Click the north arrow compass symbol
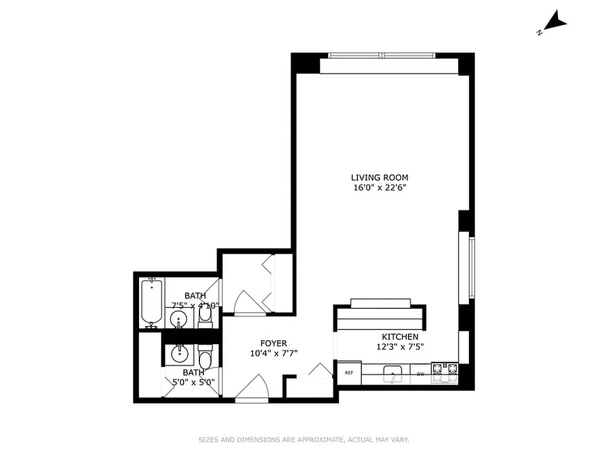[x=554, y=24]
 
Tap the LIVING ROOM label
[x=380, y=177]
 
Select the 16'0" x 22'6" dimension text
[x=380, y=188]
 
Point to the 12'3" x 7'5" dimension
[x=400, y=347]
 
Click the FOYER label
[x=274, y=343]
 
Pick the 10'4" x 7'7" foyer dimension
[x=274, y=353]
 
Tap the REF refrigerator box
[x=349, y=373]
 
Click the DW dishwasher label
[x=421, y=374]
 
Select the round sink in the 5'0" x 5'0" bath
[x=179, y=354]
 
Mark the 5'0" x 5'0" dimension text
[x=193, y=382]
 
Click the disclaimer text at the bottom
[x=304, y=439]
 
